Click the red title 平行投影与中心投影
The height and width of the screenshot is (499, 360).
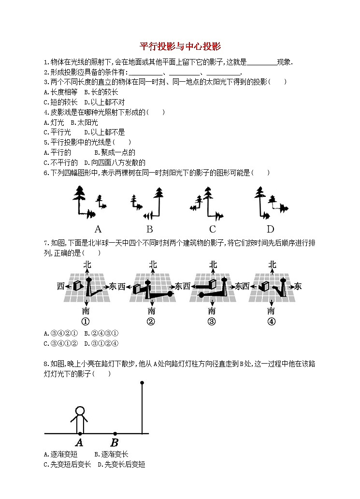coord(180,46)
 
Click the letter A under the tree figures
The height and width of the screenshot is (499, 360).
coord(98,229)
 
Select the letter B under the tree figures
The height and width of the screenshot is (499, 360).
coord(150,229)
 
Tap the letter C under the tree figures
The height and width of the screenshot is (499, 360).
coord(212,229)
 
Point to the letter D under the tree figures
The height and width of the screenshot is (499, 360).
coord(270,229)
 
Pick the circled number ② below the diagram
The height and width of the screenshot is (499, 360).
coord(151,322)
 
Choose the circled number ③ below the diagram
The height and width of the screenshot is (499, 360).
coord(211,322)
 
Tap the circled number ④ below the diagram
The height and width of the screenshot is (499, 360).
coord(271,322)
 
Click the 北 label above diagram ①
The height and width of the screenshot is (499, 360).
coord(87,264)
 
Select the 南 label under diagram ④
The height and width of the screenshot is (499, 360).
coord(271,310)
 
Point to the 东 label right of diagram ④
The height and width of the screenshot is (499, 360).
coord(298,287)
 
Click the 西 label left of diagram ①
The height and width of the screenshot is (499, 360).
coord(60,287)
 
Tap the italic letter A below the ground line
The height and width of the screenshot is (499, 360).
coord(79,443)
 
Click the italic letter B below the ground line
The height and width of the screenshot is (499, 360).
coord(115,443)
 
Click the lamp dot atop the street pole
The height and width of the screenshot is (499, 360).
coord(142,383)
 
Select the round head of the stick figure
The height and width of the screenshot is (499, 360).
coord(80,412)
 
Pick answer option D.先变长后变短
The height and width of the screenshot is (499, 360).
coord(121,465)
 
